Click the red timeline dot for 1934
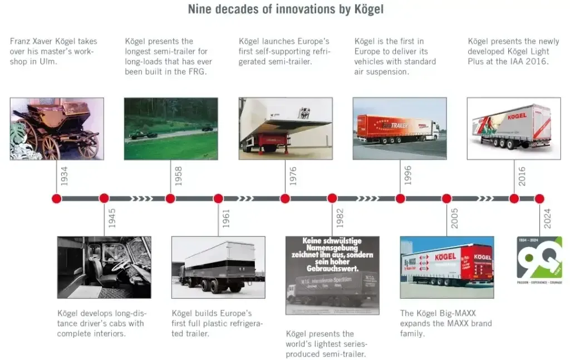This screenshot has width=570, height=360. [x=56, y=198]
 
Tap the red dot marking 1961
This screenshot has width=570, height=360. [x=218, y=198]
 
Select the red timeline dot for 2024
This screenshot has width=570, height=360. [x=539, y=198]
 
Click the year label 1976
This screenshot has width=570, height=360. [x=293, y=176]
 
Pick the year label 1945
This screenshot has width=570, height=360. [x=112, y=219]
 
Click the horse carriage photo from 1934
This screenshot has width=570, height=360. [x=57, y=129]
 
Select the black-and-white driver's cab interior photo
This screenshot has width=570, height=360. [x=104, y=268]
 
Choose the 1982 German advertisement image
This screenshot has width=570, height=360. [x=332, y=275]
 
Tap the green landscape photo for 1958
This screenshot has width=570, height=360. [x=171, y=129]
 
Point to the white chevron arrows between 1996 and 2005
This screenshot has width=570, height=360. [x=423, y=198]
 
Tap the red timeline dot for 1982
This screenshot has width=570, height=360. [x=332, y=198]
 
